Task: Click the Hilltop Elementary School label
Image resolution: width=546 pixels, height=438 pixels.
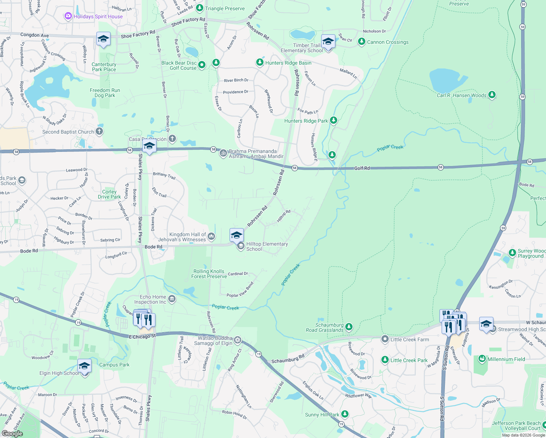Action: [x=267, y=246]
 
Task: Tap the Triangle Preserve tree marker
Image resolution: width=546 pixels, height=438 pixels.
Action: [x=199, y=8]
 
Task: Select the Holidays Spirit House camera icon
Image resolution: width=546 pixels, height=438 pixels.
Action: [x=68, y=16]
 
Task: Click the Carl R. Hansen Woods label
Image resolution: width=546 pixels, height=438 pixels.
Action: [x=461, y=95]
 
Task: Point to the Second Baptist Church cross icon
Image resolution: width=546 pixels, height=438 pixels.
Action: [x=99, y=131]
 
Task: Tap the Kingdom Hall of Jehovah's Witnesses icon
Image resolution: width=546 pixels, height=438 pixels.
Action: [x=211, y=237]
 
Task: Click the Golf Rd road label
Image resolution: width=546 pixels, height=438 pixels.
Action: [x=362, y=168]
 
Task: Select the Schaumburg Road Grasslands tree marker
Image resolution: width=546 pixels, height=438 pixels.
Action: [x=349, y=327]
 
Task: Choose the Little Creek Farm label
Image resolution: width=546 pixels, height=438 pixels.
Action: [x=409, y=339]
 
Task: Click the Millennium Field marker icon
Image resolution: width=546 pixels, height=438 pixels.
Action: [x=482, y=359]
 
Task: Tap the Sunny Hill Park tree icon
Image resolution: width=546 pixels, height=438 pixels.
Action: [x=345, y=414]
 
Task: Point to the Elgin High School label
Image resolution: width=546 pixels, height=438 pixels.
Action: [x=59, y=373]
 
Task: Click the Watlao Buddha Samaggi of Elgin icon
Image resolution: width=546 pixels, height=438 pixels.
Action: [x=238, y=340]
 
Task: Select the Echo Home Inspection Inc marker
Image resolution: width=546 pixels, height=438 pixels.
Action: [x=172, y=299]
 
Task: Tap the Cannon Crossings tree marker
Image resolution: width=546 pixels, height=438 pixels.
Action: [x=362, y=42]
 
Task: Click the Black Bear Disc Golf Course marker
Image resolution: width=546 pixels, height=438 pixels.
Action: [x=202, y=65]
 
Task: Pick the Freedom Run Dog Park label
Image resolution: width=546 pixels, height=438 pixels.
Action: [x=105, y=93]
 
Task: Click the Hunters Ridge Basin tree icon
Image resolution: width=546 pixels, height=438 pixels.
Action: [x=259, y=62]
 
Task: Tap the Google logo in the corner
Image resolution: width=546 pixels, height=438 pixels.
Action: [x=12, y=433]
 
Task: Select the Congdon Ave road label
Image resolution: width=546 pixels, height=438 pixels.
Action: [x=34, y=35]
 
